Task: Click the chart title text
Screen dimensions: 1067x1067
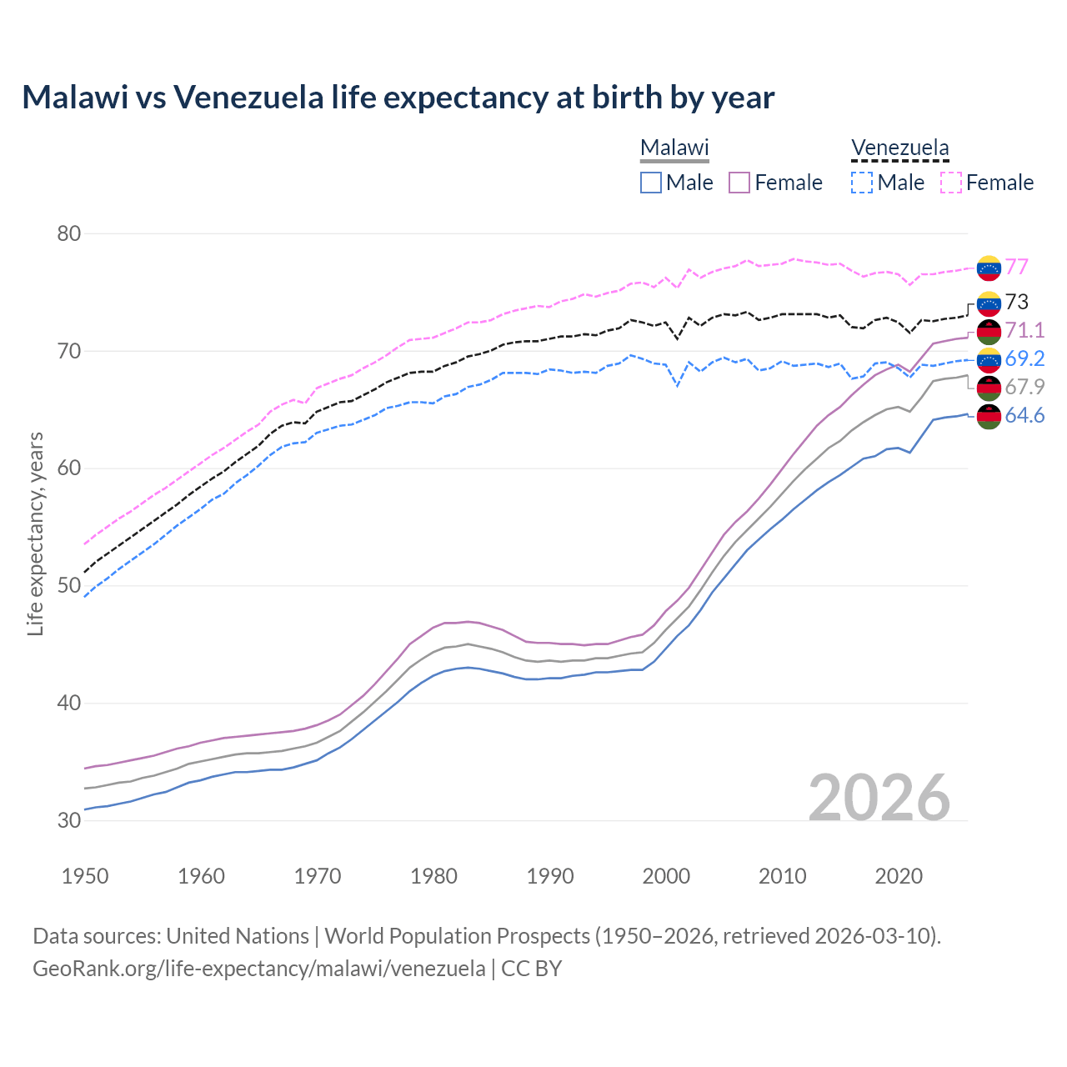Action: point(398,98)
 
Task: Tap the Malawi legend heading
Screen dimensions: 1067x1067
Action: point(674,148)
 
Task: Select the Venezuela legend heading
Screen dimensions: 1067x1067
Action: point(899,148)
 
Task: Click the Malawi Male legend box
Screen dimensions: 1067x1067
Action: point(651,183)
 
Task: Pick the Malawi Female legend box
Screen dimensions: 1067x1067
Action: point(740,183)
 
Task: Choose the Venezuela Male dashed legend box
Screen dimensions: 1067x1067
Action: point(862,183)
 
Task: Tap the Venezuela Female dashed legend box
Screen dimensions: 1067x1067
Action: point(951,183)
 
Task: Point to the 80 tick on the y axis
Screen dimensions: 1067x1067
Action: point(69,233)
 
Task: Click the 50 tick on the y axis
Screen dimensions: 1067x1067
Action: point(69,585)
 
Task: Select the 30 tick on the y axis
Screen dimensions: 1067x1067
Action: point(69,820)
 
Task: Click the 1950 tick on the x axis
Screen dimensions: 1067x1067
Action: point(85,876)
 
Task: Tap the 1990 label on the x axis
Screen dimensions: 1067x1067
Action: point(550,876)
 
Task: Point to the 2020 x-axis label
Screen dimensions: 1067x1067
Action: point(899,876)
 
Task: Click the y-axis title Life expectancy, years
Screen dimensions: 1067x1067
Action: point(35,533)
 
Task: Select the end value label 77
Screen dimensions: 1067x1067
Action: point(1016,267)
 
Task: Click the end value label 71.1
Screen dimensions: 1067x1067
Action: point(1024,330)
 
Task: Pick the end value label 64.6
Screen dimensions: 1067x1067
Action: point(1024,415)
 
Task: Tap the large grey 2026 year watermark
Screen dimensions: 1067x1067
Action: point(879,798)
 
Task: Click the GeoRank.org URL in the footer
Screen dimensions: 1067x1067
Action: point(259,969)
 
